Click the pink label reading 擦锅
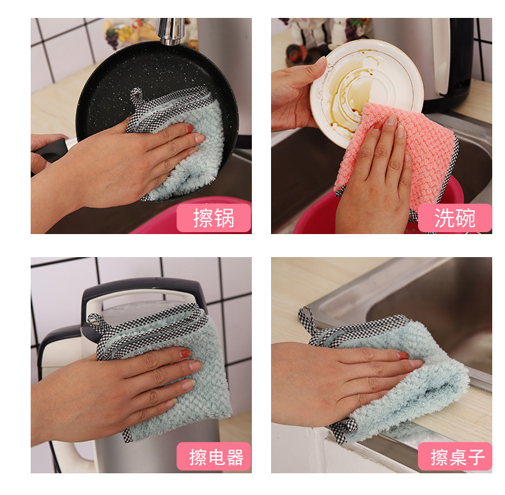click(214, 218)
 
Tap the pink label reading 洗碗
click(454, 218)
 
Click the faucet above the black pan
click(170, 31)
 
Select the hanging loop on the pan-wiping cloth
click(136, 97)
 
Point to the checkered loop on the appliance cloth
click(97, 324)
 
